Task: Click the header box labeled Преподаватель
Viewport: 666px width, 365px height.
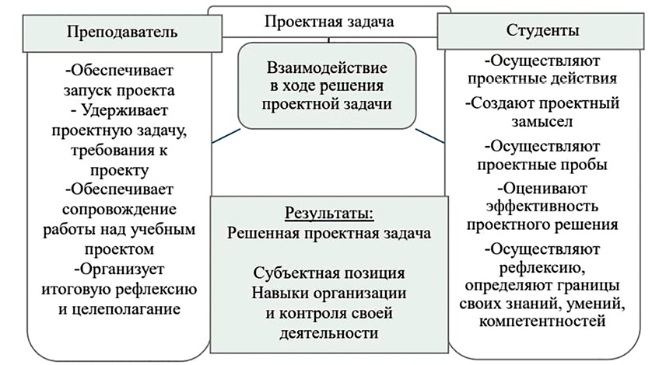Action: pos(116,33)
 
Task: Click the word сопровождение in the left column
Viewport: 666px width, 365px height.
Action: pos(117,210)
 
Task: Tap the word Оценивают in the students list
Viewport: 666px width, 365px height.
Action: pos(549,186)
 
